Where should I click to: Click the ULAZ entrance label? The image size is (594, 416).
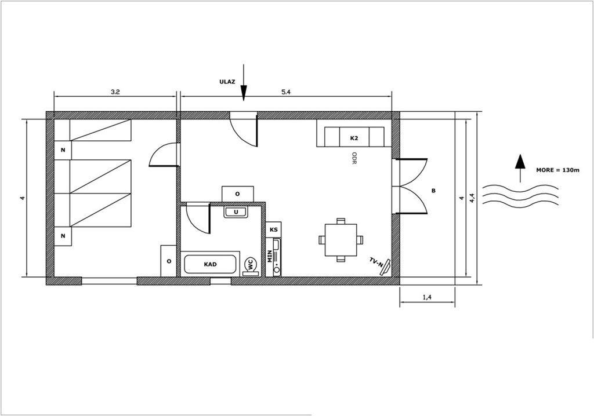click(x=227, y=81)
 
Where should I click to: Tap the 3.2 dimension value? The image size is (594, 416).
click(x=115, y=92)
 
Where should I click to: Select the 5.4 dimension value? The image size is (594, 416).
click(x=286, y=92)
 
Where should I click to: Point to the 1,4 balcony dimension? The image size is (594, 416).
click(x=427, y=298)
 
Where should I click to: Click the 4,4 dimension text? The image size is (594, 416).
click(x=472, y=198)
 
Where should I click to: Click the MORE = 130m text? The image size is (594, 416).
click(x=557, y=170)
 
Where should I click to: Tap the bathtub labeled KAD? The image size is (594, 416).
click(x=210, y=264)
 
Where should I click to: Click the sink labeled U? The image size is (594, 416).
click(x=236, y=212)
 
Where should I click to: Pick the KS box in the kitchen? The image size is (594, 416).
click(x=274, y=229)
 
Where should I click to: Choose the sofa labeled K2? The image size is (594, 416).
click(x=354, y=137)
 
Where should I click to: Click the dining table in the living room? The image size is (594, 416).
click(x=341, y=240)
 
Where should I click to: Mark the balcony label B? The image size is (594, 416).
click(x=433, y=191)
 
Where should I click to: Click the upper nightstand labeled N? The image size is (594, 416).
click(x=63, y=150)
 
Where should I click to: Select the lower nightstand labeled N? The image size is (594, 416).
click(x=63, y=236)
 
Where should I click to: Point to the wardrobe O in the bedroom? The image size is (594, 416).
click(x=169, y=261)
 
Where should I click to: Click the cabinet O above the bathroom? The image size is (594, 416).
click(x=237, y=194)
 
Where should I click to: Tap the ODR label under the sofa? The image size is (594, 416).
click(x=354, y=158)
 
